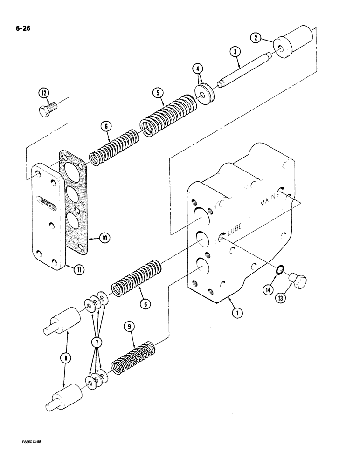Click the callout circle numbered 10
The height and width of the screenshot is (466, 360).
(105, 238)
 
